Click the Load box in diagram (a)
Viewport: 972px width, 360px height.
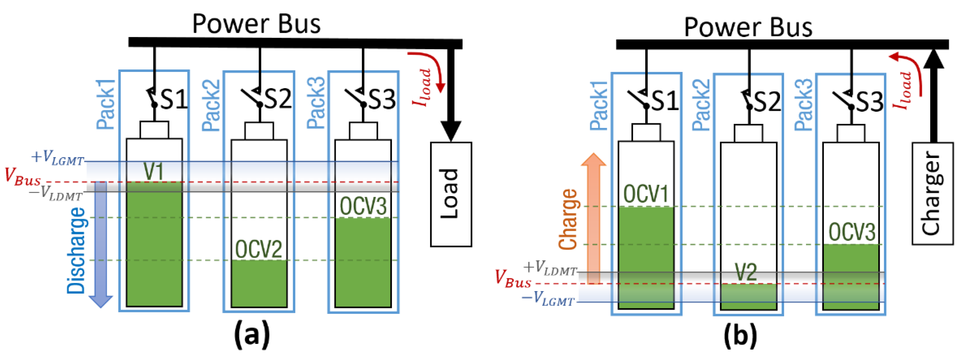coord(451,194)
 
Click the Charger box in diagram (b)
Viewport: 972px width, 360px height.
coord(932,193)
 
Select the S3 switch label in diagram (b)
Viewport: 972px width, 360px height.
coord(870,101)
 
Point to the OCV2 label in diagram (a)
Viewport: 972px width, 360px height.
coord(259,249)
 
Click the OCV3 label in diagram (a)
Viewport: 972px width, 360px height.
coord(363,206)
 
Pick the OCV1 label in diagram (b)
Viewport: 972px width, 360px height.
coord(646,194)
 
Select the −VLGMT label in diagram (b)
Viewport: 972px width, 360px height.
coord(548,299)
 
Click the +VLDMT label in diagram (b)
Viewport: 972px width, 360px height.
coord(550,268)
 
